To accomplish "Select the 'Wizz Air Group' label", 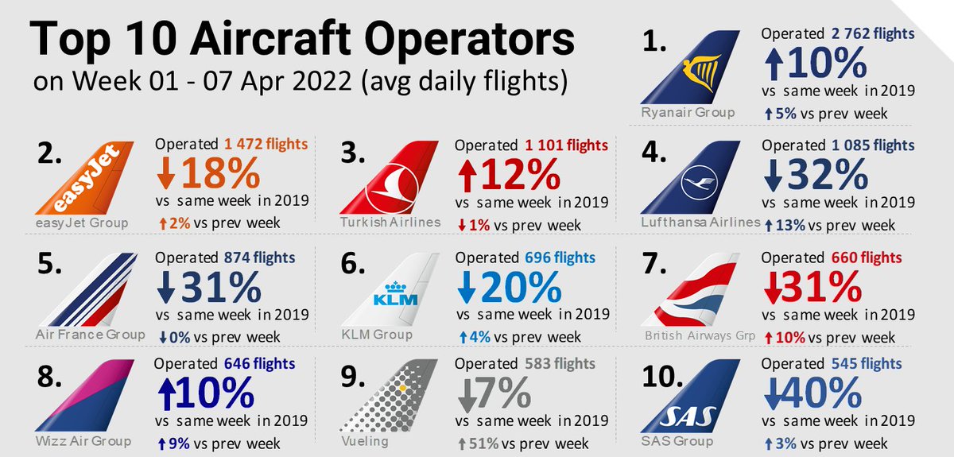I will [83, 440].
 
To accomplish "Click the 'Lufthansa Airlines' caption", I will [700, 223].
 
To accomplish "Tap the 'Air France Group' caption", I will [90, 334].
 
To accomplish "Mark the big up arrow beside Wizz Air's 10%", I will [166, 394].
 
